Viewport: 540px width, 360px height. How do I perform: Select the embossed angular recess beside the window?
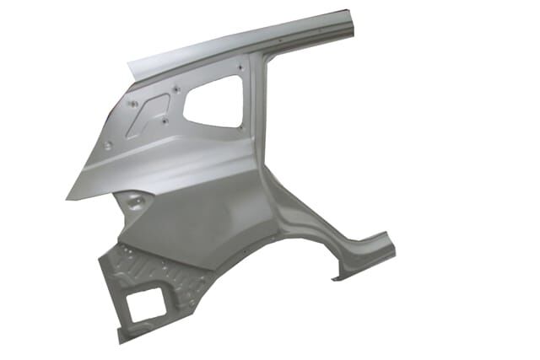(151, 112)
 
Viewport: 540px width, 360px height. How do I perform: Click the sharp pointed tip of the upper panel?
(67, 199)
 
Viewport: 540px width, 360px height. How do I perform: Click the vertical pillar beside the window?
(261, 118)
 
